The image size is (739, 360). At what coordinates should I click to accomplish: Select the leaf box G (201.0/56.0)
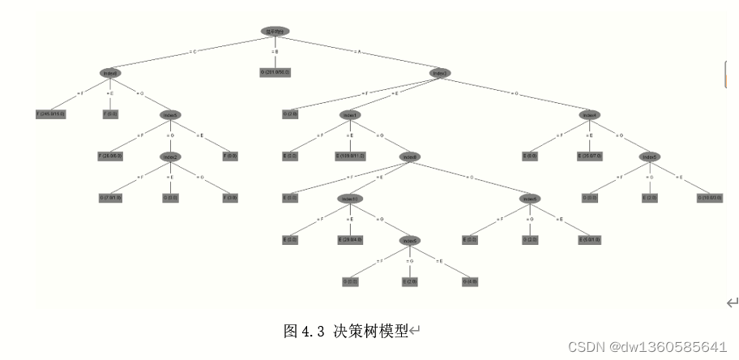[x=275, y=72]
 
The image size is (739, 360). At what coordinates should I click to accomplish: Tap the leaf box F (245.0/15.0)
[x=50, y=114]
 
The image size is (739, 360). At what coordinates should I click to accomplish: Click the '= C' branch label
[x=193, y=51]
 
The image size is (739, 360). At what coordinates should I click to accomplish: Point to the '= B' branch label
[x=276, y=52]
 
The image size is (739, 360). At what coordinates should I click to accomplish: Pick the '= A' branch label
[x=357, y=51]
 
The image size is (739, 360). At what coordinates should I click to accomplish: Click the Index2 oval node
[x=170, y=156]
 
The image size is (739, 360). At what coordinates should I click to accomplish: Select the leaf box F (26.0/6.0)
[x=111, y=155]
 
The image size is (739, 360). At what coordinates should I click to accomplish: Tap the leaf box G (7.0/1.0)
[x=111, y=197]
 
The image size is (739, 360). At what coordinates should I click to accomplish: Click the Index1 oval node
[x=350, y=114]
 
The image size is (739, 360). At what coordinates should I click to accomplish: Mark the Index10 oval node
[x=350, y=198]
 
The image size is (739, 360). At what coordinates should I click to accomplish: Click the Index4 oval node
[x=590, y=114]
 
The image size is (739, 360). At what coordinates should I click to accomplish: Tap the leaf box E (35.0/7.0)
[x=590, y=155]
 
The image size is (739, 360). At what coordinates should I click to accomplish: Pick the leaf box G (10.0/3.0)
[x=710, y=197]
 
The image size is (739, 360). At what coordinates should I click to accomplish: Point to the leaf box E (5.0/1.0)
[x=590, y=239]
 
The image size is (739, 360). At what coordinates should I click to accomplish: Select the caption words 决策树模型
[x=370, y=331]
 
